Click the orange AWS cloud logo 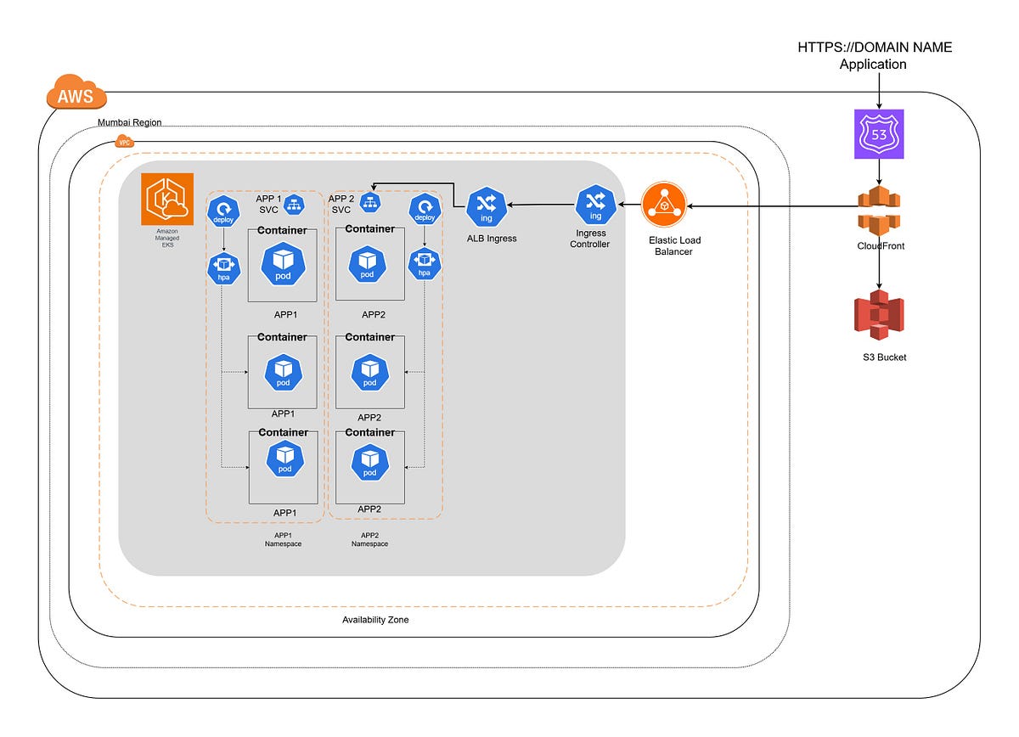[76, 92]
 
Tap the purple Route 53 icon [879, 134]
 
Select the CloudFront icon [879, 211]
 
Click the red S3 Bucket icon [879, 315]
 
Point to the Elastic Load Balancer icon [664, 205]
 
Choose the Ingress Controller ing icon [595, 205]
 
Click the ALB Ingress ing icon [487, 207]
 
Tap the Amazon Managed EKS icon [167, 199]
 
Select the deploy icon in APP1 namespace [223, 211]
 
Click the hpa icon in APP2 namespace [425, 263]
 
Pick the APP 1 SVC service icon [295, 205]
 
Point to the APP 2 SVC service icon [370, 202]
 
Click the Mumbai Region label [130, 122]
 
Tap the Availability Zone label [375, 620]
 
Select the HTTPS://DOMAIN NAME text [875, 48]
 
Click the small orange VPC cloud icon [124, 142]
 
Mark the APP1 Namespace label [283, 539]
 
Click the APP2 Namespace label [369, 539]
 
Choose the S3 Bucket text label [884, 357]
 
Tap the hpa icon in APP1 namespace [224, 269]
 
